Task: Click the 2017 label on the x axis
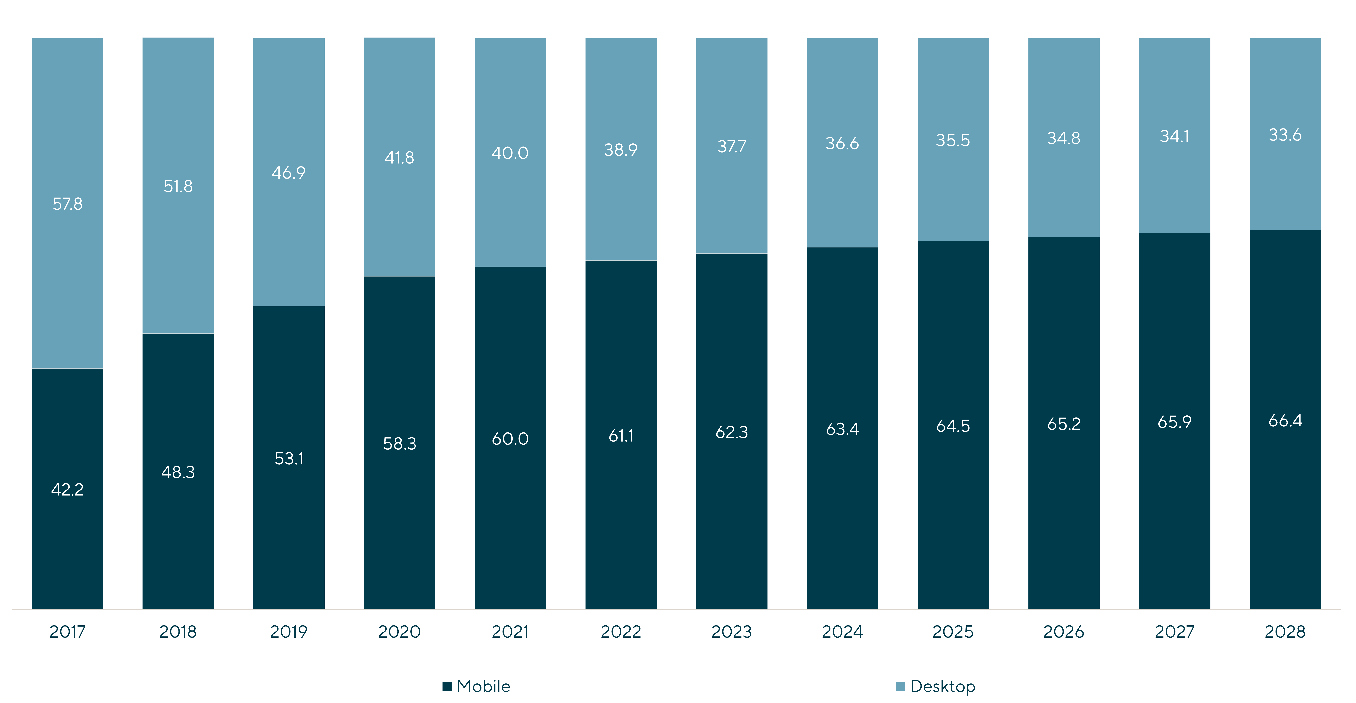[x=67, y=631]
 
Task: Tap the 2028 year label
[x=1285, y=631]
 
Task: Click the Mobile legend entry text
[x=483, y=686]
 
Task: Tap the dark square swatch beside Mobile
[x=447, y=686]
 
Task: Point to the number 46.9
[x=289, y=173]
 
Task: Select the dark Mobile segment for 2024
[x=842, y=428]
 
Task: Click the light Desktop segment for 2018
[x=178, y=185]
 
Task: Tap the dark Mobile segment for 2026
[x=1064, y=423]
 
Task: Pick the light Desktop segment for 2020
[x=400, y=157]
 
